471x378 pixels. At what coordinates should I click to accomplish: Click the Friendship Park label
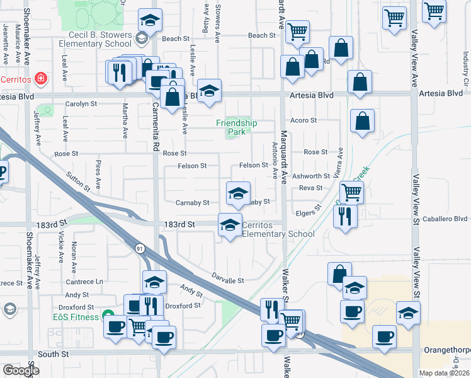[x=236, y=128]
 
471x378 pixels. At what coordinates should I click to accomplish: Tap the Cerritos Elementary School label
[x=278, y=230]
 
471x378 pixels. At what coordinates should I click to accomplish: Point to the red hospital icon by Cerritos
[x=41, y=79]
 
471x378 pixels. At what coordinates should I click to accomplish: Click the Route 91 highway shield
[x=139, y=249]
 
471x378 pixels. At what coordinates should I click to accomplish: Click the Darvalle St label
[x=227, y=280]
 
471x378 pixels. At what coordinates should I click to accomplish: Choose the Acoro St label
[x=303, y=120]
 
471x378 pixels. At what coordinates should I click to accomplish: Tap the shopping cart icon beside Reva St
[x=351, y=192]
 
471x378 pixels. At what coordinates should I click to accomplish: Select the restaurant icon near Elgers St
[x=344, y=215]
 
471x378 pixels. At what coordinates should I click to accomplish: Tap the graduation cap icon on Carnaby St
[x=239, y=193]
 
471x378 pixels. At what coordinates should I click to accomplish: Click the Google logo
[x=21, y=370]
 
